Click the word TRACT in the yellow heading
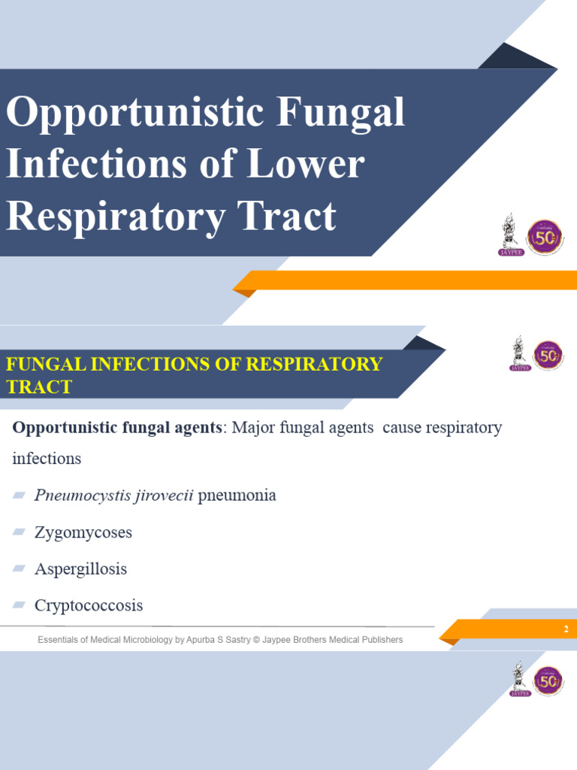(x=39, y=387)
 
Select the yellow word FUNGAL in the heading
(x=46, y=365)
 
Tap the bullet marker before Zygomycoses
(x=19, y=532)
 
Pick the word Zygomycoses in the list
(x=83, y=532)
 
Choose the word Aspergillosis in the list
(x=80, y=569)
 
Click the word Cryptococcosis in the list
(x=89, y=605)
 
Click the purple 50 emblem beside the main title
(x=545, y=237)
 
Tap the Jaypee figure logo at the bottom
(x=519, y=678)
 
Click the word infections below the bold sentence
(x=47, y=458)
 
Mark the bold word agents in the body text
(x=197, y=428)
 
